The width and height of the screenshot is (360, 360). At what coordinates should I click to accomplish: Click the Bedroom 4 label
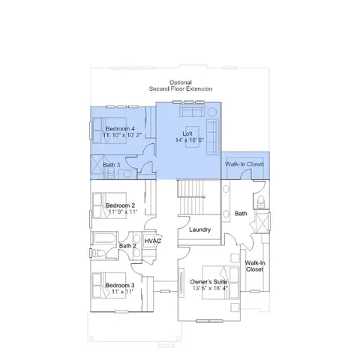click(x=120, y=129)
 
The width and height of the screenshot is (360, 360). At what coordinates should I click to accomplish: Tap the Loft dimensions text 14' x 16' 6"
click(x=190, y=140)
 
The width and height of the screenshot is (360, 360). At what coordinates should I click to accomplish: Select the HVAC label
click(x=153, y=241)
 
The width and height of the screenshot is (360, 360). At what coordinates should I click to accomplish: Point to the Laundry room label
click(x=199, y=229)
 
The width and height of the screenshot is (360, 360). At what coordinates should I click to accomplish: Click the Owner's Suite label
click(x=208, y=282)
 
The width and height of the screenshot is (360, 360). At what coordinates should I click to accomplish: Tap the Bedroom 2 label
click(x=120, y=205)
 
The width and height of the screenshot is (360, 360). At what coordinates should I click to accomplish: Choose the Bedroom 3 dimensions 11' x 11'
click(x=122, y=292)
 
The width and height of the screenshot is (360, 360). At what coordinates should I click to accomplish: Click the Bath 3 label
click(x=112, y=165)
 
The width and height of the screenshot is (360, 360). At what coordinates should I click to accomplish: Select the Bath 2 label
click(x=127, y=246)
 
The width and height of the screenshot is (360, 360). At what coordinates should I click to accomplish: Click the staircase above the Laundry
click(x=190, y=197)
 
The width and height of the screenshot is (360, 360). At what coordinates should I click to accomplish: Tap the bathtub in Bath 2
click(x=105, y=238)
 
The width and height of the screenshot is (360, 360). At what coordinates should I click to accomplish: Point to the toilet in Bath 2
click(x=98, y=253)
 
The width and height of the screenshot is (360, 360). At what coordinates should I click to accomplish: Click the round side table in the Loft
click(x=212, y=112)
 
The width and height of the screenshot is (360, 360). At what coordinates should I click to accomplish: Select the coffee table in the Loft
click(x=193, y=137)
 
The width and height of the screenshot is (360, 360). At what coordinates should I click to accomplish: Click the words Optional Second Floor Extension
click(x=181, y=85)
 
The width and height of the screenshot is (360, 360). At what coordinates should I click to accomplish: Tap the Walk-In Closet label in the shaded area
click(x=244, y=164)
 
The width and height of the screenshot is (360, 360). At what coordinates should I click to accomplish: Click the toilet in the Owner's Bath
click(x=261, y=202)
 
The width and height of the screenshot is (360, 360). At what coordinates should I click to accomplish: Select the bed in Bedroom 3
click(x=109, y=285)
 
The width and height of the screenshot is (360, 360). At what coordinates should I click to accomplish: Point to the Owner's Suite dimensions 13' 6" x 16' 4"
click(x=210, y=288)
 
